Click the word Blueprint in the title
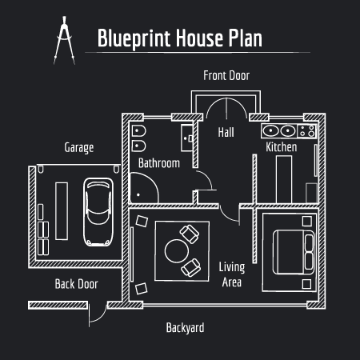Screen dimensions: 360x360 tap(134, 38)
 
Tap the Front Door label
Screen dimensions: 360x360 tap(226, 75)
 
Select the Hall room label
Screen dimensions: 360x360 tap(226, 132)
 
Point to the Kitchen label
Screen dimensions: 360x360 tap(282, 147)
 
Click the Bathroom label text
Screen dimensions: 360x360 tap(159, 163)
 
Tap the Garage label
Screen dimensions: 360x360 tap(79, 147)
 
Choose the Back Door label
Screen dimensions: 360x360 tap(77, 284)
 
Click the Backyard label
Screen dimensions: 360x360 tap(185, 328)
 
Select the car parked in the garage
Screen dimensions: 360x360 tap(98, 212)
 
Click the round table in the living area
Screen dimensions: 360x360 tap(177, 251)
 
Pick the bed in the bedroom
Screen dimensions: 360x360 tap(294, 252)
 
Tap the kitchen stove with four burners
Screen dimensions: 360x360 tap(307, 131)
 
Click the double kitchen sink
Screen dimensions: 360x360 tap(279, 131)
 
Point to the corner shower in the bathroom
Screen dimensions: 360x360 tap(144, 187)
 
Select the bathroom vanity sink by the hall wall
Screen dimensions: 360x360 tap(187, 138)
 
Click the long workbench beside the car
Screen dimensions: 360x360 tap(62, 211)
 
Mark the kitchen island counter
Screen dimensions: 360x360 tap(284, 179)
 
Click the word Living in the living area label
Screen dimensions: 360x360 tap(232, 267)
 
